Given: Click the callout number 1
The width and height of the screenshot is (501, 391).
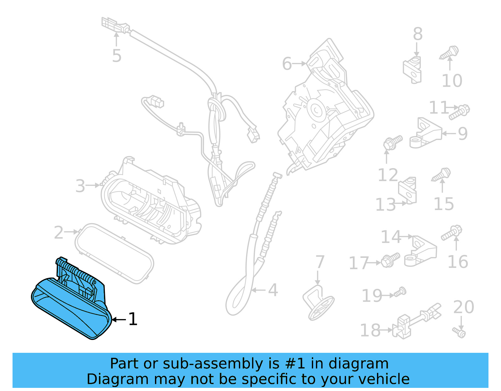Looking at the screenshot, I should [x=133, y=319].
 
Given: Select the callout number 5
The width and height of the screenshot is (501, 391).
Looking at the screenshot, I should [x=116, y=56].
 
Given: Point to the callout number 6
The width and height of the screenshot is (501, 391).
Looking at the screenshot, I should [x=287, y=64].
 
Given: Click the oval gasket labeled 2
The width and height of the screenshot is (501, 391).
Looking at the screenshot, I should [x=114, y=254].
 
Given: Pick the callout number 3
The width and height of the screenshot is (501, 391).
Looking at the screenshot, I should [x=80, y=186].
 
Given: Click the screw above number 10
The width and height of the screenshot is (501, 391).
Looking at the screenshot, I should [x=450, y=53].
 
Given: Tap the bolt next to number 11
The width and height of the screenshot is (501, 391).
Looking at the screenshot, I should [x=459, y=112].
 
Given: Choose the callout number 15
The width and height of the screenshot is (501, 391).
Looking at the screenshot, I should [x=444, y=204].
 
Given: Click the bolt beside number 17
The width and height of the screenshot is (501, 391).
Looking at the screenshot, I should [x=390, y=260].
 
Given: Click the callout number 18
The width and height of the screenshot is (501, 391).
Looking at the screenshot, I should [x=370, y=330].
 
